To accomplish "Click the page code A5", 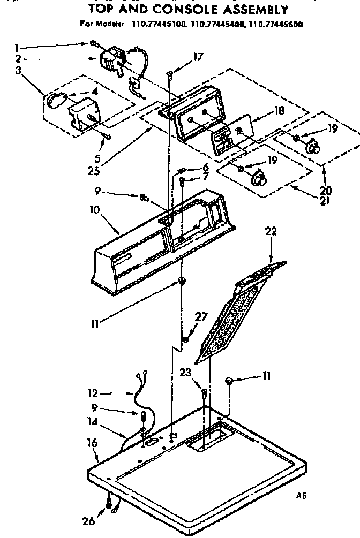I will pos(301,495).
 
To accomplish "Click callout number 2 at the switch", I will pos(19,59).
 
